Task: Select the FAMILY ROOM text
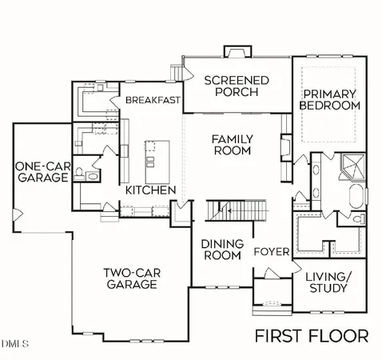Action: (232, 145)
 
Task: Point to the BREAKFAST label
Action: (152, 100)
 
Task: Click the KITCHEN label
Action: (150, 190)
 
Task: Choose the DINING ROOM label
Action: (221, 250)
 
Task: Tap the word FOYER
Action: (271, 252)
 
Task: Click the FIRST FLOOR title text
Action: (311, 334)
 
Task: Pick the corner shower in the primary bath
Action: (350, 166)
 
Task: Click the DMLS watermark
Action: (14, 345)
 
